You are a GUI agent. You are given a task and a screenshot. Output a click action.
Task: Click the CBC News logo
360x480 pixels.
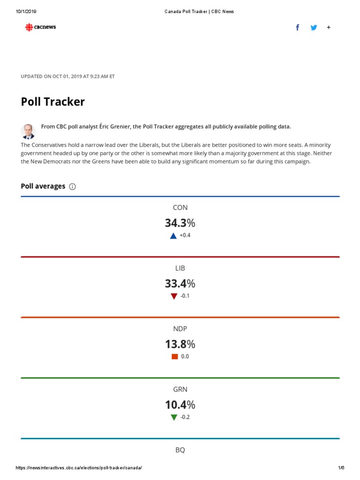(x=40, y=27)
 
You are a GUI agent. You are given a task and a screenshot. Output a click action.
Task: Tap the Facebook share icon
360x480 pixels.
(x=298, y=27)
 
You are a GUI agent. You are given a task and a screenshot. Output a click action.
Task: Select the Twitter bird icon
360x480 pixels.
(x=314, y=27)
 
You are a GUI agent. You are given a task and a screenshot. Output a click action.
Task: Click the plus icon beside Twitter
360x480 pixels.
(x=329, y=27)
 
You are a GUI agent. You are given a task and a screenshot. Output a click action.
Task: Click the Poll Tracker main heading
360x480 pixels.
(x=52, y=102)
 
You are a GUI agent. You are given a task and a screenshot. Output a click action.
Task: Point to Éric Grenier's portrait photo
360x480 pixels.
(x=28, y=131)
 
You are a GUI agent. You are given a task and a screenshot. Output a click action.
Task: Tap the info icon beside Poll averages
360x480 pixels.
(x=72, y=187)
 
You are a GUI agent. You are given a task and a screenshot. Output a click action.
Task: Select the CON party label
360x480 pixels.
(x=180, y=208)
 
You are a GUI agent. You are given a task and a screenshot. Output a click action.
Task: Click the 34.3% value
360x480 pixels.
(x=180, y=223)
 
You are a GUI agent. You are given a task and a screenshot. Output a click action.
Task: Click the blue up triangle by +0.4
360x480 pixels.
(x=173, y=236)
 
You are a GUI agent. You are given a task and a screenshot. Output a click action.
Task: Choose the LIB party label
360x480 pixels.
(x=180, y=268)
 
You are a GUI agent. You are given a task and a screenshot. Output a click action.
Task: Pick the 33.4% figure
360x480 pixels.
(x=180, y=284)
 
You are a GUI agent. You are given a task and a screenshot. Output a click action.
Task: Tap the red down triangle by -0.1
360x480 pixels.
(x=174, y=296)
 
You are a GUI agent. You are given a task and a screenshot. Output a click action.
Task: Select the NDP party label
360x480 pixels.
(x=180, y=329)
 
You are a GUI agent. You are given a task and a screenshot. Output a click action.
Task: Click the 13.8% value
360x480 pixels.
(x=180, y=344)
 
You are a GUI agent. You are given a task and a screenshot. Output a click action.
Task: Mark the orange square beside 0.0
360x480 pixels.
(x=174, y=357)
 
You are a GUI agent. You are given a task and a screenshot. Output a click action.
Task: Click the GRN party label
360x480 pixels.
(x=180, y=389)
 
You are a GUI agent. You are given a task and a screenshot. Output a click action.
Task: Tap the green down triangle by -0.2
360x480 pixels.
(x=174, y=417)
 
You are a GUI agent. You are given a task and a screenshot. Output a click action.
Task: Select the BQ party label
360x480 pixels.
(x=180, y=450)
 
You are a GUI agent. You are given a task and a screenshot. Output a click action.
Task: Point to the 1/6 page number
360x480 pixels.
(x=341, y=468)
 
